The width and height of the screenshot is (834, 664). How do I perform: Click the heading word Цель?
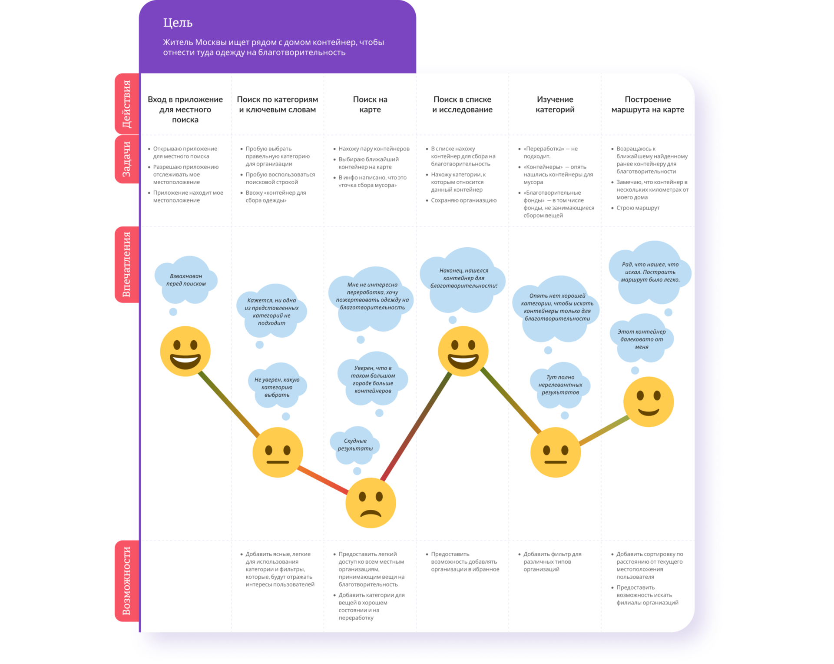pyautogui.click(x=178, y=23)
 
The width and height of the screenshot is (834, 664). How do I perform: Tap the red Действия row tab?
pyautogui.click(x=126, y=104)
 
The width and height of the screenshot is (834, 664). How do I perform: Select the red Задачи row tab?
pyautogui.click(x=126, y=159)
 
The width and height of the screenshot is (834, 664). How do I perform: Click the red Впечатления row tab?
pyautogui.click(x=126, y=264)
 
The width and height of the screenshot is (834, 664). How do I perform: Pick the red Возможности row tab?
pyautogui.click(x=126, y=581)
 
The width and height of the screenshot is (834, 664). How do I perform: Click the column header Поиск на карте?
pyautogui.click(x=370, y=104)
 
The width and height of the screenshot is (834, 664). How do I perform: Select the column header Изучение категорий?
pyautogui.click(x=555, y=104)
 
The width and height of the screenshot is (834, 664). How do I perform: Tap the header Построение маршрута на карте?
pyautogui.click(x=647, y=104)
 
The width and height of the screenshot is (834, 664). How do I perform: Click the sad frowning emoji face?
pyautogui.click(x=371, y=503)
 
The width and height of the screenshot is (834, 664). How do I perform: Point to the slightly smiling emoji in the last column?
pyautogui.click(x=648, y=402)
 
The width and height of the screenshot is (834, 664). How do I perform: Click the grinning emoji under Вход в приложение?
pyautogui.click(x=185, y=351)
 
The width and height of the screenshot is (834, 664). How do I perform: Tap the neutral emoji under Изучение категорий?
pyautogui.click(x=555, y=452)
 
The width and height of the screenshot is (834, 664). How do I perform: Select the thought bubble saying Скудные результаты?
pyautogui.click(x=355, y=445)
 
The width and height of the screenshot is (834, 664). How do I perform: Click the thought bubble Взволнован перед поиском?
pyautogui.click(x=186, y=280)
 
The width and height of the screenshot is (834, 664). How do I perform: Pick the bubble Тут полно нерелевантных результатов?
pyautogui.click(x=560, y=385)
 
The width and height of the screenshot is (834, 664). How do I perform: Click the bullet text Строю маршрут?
pyautogui.click(x=638, y=208)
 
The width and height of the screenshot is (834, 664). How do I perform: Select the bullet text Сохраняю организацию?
pyautogui.click(x=463, y=200)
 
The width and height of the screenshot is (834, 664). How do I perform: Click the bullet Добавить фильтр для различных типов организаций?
pyautogui.click(x=552, y=561)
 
